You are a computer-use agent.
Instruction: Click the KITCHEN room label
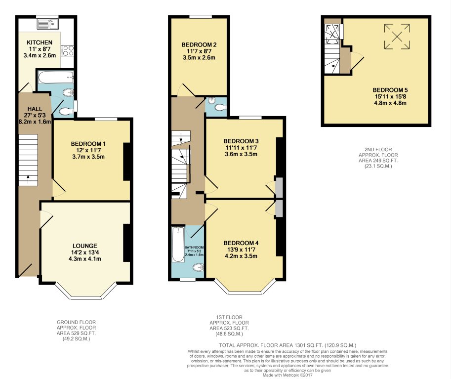coord(40,42)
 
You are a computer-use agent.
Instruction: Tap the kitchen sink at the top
coord(48,24)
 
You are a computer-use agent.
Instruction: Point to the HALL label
coord(35,109)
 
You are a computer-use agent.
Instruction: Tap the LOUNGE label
coord(84,246)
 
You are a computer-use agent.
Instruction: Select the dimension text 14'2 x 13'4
coord(84,253)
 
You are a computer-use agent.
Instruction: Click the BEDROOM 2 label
coord(199,45)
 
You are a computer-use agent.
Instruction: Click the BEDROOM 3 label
coord(241,141)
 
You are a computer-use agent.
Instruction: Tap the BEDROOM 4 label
coord(241,243)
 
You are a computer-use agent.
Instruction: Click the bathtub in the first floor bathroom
coord(178,244)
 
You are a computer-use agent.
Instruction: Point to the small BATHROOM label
coord(194,247)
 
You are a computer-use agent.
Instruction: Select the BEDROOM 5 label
coord(390,90)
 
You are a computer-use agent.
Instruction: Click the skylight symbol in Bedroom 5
coord(397,36)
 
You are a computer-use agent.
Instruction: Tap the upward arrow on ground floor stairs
coord(28,179)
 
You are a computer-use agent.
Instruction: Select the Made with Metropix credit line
coord(287,375)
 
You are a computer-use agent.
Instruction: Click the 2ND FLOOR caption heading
coord(378,150)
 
